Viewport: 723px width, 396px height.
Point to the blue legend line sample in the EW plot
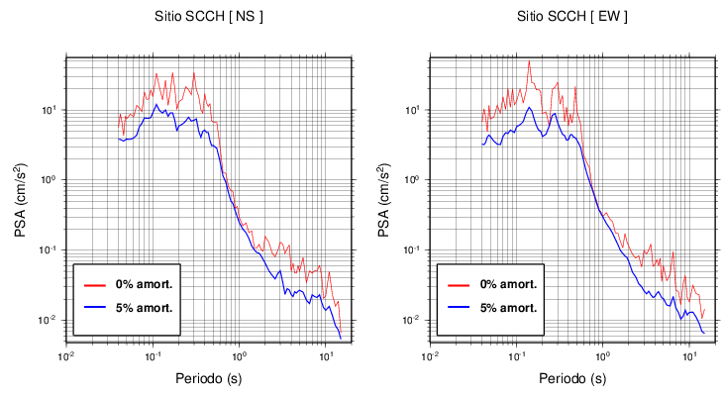(458, 307)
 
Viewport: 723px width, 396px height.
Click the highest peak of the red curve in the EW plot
(529, 61)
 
